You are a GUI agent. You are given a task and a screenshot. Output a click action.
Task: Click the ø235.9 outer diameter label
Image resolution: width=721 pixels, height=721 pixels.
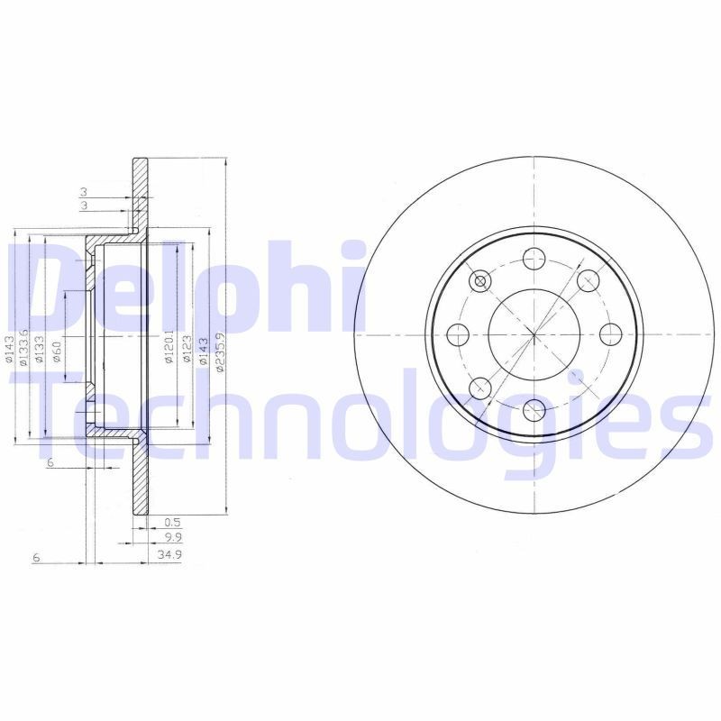click(219, 348)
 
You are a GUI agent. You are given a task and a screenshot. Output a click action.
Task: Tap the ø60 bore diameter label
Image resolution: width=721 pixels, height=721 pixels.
click(57, 351)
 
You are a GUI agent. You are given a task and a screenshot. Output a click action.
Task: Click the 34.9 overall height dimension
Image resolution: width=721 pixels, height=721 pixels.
click(169, 555)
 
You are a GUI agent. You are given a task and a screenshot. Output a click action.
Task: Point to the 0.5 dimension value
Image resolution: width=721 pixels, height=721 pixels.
click(173, 520)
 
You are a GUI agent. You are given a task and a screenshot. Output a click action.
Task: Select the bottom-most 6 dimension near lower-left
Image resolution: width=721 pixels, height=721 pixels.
click(36, 559)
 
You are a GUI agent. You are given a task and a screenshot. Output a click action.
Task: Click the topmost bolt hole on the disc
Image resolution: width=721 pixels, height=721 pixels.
click(534, 259)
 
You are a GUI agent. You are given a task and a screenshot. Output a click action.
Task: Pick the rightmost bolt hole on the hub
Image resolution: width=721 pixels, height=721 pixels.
click(610, 335)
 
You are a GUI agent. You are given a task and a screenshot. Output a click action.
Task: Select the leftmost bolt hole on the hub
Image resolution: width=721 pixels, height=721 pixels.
click(457, 335)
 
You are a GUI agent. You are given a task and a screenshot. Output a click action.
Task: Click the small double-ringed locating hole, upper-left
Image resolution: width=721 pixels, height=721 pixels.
click(480, 282)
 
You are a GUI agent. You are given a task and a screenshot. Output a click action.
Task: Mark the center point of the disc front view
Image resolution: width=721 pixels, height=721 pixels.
click(534, 335)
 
